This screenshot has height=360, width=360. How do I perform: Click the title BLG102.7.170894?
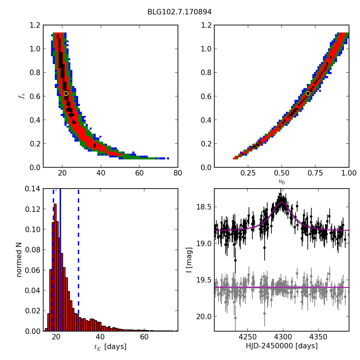(x=179, y=12)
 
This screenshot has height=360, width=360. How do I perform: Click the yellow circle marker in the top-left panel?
(x=66, y=93)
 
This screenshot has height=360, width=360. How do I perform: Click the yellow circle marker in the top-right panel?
(x=308, y=93)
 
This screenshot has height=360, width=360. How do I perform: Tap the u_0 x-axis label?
(x=281, y=182)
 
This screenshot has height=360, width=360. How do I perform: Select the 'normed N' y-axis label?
(x=19, y=260)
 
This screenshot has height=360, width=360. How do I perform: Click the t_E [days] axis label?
(x=110, y=347)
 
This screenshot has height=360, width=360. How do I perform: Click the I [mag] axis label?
(x=189, y=260)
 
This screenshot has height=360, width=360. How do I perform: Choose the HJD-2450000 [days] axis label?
(x=281, y=346)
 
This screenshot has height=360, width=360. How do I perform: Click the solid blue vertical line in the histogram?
(x=60, y=261)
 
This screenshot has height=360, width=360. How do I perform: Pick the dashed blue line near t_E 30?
(x=79, y=261)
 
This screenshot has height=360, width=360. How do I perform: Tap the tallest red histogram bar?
(x=55, y=267)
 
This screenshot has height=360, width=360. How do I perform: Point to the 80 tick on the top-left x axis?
(x=178, y=173)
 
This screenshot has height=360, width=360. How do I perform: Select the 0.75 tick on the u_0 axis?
(x=315, y=173)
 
